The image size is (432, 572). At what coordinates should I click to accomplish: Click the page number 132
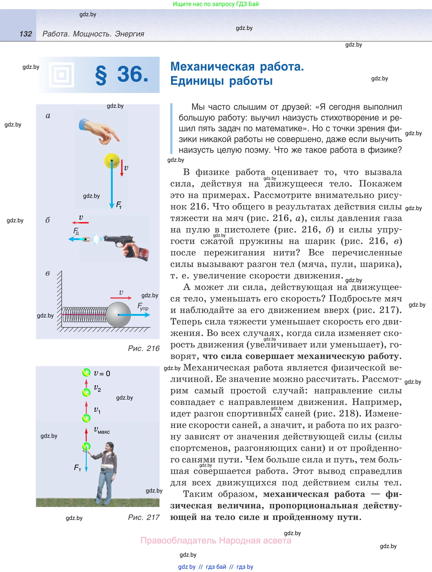point(26,34)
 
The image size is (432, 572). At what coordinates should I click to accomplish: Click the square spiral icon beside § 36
point(62,75)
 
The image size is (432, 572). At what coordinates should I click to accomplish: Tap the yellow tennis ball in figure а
point(112,161)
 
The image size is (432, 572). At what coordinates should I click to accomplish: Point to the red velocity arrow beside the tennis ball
point(122,168)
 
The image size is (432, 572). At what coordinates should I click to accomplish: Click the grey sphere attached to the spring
point(118,314)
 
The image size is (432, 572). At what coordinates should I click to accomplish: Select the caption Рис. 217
point(144,517)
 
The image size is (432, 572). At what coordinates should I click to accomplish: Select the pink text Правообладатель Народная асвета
point(216,540)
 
